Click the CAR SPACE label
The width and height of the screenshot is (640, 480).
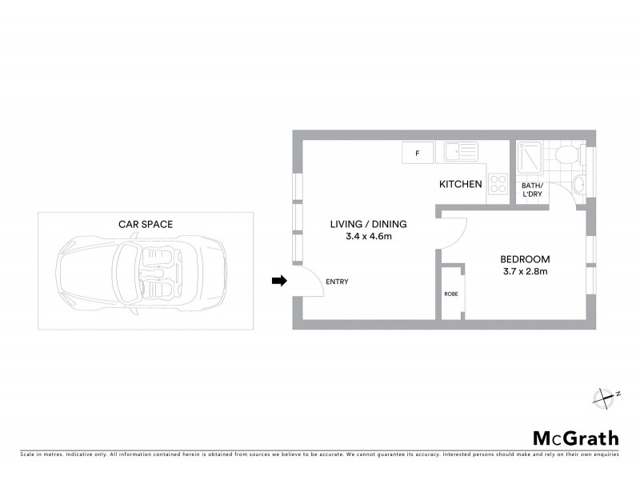(145, 225)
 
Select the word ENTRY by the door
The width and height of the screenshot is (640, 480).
(337, 282)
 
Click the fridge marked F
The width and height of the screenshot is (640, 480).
(416, 152)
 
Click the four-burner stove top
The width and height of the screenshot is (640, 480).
(498, 183)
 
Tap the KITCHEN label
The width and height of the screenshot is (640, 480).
(461, 185)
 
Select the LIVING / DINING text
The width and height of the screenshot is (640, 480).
(369, 224)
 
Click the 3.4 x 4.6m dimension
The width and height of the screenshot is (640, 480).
(369, 237)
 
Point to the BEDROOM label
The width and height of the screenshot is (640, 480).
(525, 259)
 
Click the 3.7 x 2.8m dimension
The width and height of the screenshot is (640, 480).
(525, 272)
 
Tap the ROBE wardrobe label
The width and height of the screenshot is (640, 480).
(451, 294)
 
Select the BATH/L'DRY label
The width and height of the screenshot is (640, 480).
(531, 190)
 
